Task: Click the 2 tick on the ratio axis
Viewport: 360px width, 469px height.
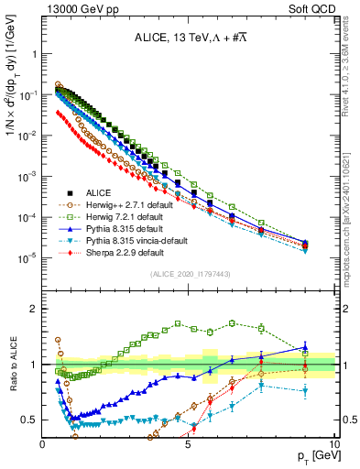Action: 35,308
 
